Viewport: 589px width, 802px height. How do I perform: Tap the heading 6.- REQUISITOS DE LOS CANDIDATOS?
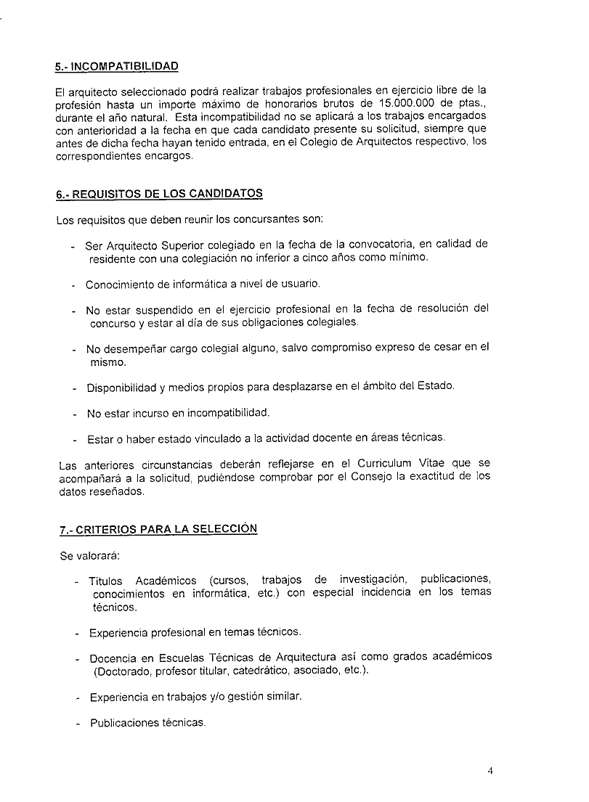(x=159, y=195)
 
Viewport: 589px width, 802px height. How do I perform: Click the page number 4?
(x=490, y=771)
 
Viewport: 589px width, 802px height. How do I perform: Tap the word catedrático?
(x=293, y=670)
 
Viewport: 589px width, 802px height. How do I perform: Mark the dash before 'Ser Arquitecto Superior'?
(x=73, y=245)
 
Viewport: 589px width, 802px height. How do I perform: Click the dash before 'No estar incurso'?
(x=74, y=414)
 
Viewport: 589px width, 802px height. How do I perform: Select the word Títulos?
(x=107, y=581)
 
